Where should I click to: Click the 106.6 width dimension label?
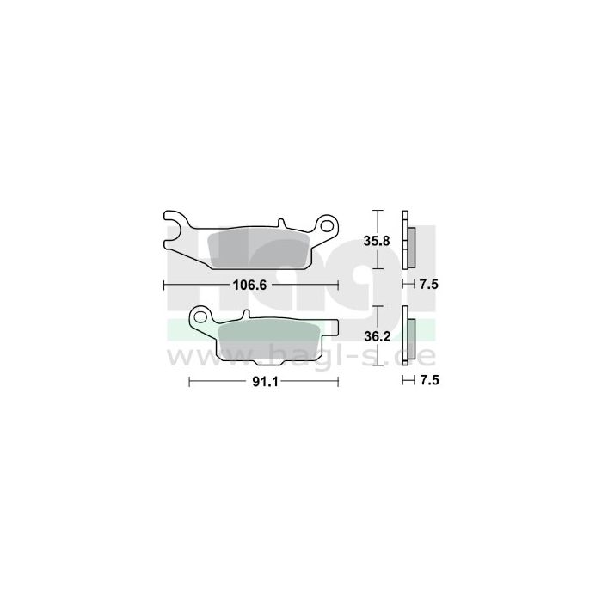(x=249, y=286)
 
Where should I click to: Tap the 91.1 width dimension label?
(x=265, y=381)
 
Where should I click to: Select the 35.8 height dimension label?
(x=377, y=241)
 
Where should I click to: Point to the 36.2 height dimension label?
(x=377, y=337)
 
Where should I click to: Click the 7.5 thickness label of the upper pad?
(x=429, y=285)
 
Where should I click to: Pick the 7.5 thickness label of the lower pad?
(x=429, y=380)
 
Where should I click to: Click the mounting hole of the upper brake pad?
(x=327, y=226)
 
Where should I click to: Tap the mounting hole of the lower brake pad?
(x=200, y=317)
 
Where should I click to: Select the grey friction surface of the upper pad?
(x=258, y=250)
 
